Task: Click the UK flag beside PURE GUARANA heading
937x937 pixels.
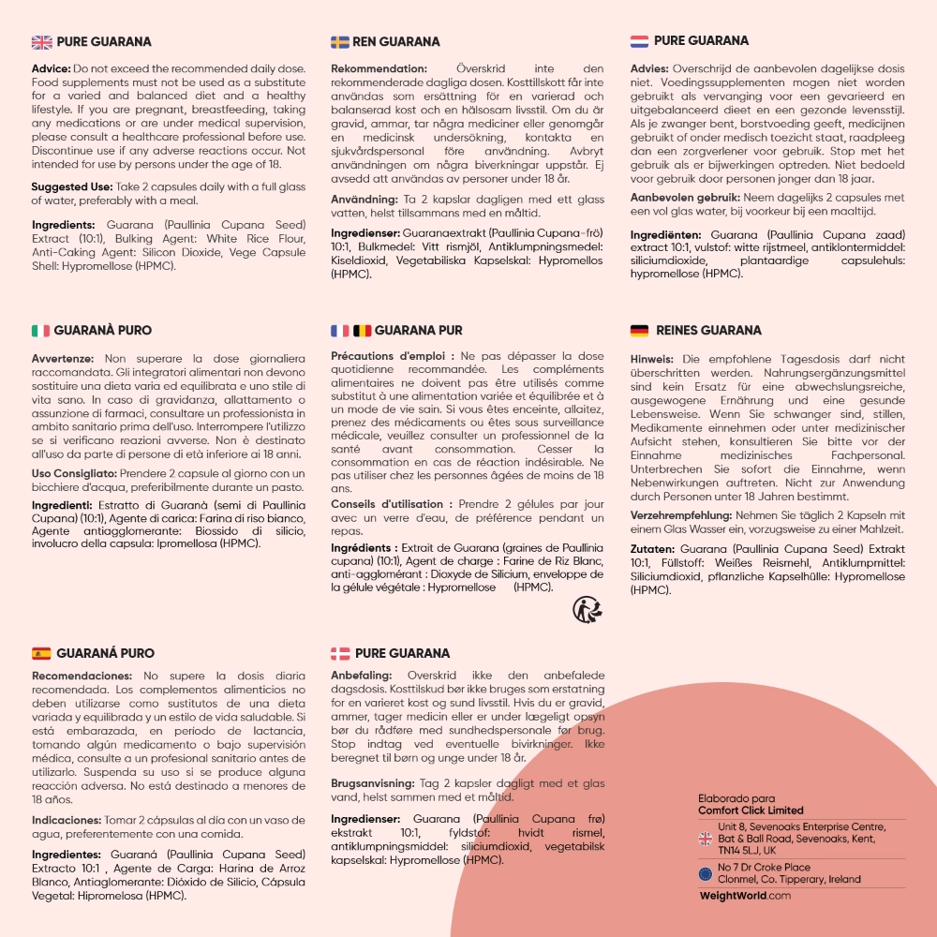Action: coord(42,41)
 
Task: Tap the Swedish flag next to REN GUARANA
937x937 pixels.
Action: coord(340,41)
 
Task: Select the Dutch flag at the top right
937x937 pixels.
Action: coord(639,41)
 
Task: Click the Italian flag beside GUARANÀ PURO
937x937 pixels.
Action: coord(40,330)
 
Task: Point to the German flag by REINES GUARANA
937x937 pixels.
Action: coord(639,330)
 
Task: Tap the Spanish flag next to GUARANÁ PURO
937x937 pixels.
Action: coord(41,653)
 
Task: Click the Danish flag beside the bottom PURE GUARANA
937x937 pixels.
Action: coord(340,653)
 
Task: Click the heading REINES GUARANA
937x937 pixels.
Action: coord(708,330)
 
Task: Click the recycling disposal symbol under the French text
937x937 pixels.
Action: coord(586,610)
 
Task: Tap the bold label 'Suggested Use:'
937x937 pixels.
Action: coord(68,187)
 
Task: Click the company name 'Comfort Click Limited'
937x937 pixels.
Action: coord(751,811)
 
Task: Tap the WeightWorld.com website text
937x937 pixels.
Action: coord(745,896)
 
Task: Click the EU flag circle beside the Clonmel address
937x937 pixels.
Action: coord(706,873)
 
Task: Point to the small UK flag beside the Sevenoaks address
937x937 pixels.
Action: coord(706,839)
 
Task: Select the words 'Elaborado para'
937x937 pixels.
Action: coord(730,798)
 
